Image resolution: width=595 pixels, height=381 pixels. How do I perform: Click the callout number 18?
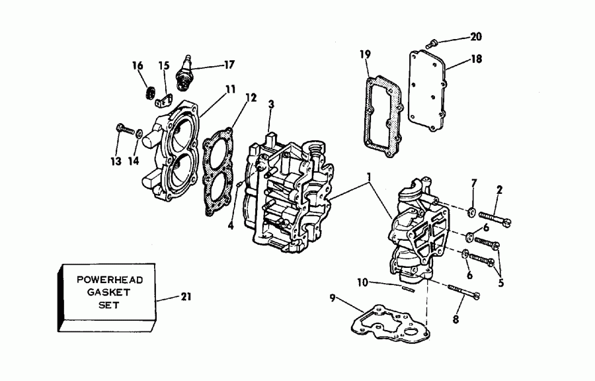(x=476, y=59)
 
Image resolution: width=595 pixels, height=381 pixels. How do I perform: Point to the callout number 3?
(x=270, y=104)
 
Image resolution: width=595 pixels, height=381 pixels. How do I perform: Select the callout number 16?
(x=138, y=65)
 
